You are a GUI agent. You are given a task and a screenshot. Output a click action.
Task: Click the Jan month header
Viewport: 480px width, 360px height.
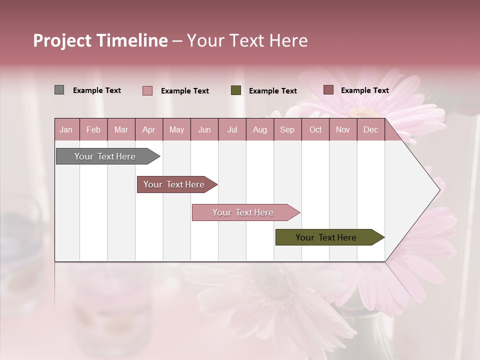pyautogui.click(x=66, y=129)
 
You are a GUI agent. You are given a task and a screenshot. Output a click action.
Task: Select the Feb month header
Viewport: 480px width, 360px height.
pyautogui.click(x=93, y=129)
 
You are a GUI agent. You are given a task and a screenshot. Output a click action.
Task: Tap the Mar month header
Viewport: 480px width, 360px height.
pyautogui.click(x=121, y=129)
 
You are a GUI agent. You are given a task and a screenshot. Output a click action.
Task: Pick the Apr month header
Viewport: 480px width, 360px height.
pyautogui.click(x=148, y=129)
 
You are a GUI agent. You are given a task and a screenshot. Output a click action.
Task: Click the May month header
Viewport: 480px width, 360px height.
pyautogui.click(x=176, y=129)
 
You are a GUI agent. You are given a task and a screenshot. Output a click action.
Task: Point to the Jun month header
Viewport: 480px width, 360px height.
pyautogui.click(x=204, y=129)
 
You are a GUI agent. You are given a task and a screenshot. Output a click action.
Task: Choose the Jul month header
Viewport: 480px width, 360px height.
pyautogui.click(x=232, y=129)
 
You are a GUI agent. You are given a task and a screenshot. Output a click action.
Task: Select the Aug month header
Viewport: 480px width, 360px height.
pyautogui.click(x=259, y=129)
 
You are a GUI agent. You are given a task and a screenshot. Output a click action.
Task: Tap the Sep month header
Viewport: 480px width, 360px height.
pyautogui.click(x=287, y=129)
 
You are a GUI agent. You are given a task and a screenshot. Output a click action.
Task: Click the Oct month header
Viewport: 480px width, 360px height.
pyautogui.click(x=315, y=129)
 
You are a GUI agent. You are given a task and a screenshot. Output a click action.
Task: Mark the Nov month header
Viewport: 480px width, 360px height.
pyautogui.click(x=343, y=129)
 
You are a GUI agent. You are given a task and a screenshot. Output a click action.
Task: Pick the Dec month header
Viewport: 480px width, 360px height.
pyautogui.click(x=370, y=129)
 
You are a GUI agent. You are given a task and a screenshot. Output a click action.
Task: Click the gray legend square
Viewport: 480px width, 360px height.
pyautogui.click(x=59, y=90)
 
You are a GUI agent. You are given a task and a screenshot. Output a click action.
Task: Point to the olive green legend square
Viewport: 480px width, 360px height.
pyautogui.click(x=236, y=90)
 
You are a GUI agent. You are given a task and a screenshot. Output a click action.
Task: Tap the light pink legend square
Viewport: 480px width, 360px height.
pyautogui.click(x=147, y=90)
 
